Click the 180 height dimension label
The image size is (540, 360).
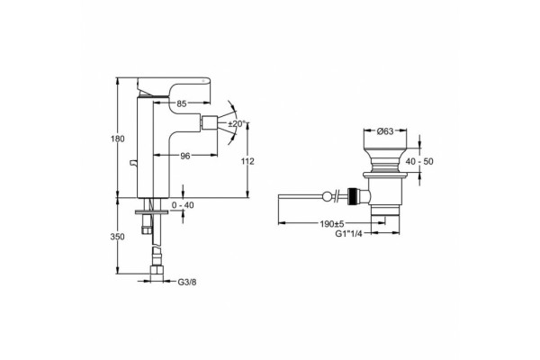pyautogui.click(x=118, y=139)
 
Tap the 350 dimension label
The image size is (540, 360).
pyautogui.click(x=117, y=237)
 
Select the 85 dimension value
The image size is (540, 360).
pyautogui.click(x=182, y=103)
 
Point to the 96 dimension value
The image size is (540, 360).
pyautogui.click(x=185, y=156)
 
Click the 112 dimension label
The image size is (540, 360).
pyautogui.click(x=247, y=161)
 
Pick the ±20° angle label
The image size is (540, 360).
pyautogui.click(x=237, y=123)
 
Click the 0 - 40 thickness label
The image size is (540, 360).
pyautogui.click(x=183, y=205)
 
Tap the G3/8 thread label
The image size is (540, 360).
pyautogui.click(x=187, y=283)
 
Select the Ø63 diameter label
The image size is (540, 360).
pyautogui.click(x=385, y=131)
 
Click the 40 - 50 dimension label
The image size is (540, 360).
pyautogui.click(x=419, y=161)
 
